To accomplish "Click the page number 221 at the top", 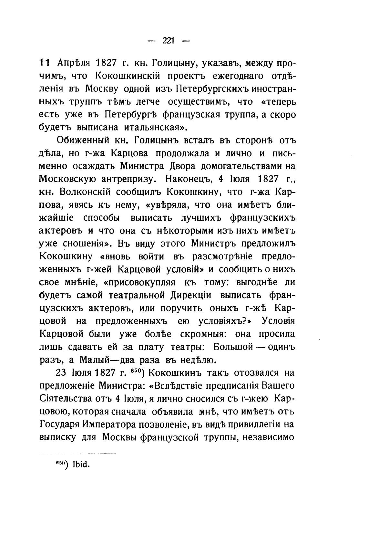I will tap(169, 40).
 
